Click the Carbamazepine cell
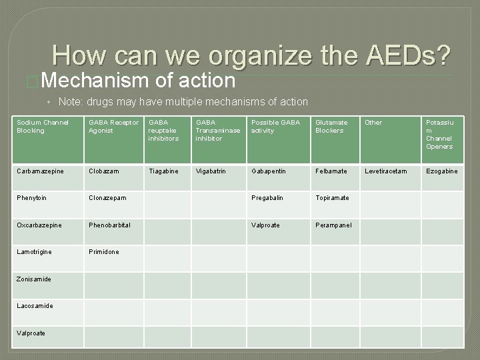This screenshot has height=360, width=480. click(40, 171)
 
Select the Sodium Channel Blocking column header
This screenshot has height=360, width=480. click(42, 127)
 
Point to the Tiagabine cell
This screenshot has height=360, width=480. click(163, 171)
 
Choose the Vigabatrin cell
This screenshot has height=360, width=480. click(211, 171)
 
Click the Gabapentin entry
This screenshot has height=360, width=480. click(269, 171)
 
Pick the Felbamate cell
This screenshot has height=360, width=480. click(331, 171)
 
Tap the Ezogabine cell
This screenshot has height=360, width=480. click(441, 171)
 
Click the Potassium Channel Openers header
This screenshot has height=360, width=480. click(440, 135)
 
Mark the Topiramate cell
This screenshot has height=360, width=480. click(332, 198)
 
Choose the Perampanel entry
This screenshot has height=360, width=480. click(334, 225)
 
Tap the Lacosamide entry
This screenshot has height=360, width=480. click(35, 306)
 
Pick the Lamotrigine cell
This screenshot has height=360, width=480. click(35, 251)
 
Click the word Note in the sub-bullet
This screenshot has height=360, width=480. click(69, 102)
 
